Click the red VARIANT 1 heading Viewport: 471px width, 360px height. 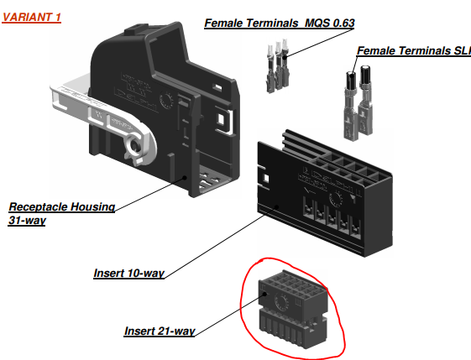pos(32,17)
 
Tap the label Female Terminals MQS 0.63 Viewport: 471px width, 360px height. pos(280,23)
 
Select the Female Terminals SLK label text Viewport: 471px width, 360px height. pos(414,50)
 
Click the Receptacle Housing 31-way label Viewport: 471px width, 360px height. pos(61,213)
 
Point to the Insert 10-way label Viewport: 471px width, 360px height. pos(128,274)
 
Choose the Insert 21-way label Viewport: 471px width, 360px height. pos(160,331)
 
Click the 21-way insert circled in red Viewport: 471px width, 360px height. pos(293,310)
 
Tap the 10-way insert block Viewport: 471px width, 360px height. pos(325,193)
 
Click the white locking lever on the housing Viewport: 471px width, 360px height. pos(103,118)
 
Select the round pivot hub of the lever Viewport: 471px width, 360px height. pos(135,146)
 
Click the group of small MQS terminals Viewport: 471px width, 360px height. pos(278,65)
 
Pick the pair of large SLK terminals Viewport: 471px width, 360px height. pos(358,103)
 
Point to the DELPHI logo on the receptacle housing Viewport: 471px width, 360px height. pos(137,102)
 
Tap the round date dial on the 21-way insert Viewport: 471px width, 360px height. pos(282,302)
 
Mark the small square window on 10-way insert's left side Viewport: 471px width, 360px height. pos(266,179)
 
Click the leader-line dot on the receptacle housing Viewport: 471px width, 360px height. pos(185,178)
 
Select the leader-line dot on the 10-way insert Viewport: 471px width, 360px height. pos(277,207)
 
